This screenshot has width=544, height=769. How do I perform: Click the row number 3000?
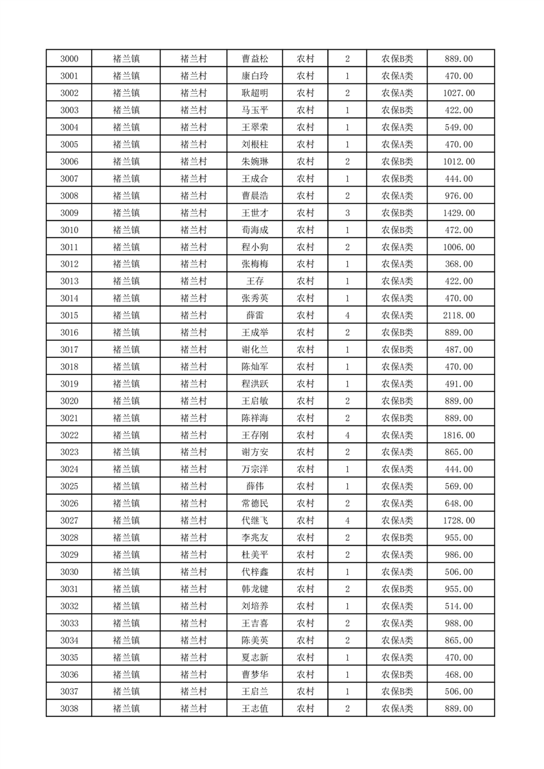tap(69, 59)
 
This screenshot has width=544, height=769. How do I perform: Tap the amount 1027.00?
tap(459, 93)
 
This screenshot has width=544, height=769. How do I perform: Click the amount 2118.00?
tap(459, 315)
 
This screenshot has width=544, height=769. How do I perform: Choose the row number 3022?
tap(69, 435)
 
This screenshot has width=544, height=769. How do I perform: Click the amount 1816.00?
tap(459, 435)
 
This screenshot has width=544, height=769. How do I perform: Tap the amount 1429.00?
tap(459, 213)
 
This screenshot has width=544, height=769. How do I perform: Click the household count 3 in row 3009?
tap(348, 213)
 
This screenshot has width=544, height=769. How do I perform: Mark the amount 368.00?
tap(459, 264)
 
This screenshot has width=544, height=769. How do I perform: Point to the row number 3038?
tap(69, 709)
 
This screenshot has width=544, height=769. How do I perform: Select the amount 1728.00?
tap(459, 521)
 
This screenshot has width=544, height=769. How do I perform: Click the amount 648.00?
tap(459, 504)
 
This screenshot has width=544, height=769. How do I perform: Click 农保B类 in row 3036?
tap(397, 674)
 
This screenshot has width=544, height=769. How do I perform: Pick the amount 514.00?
tap(459, 606)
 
